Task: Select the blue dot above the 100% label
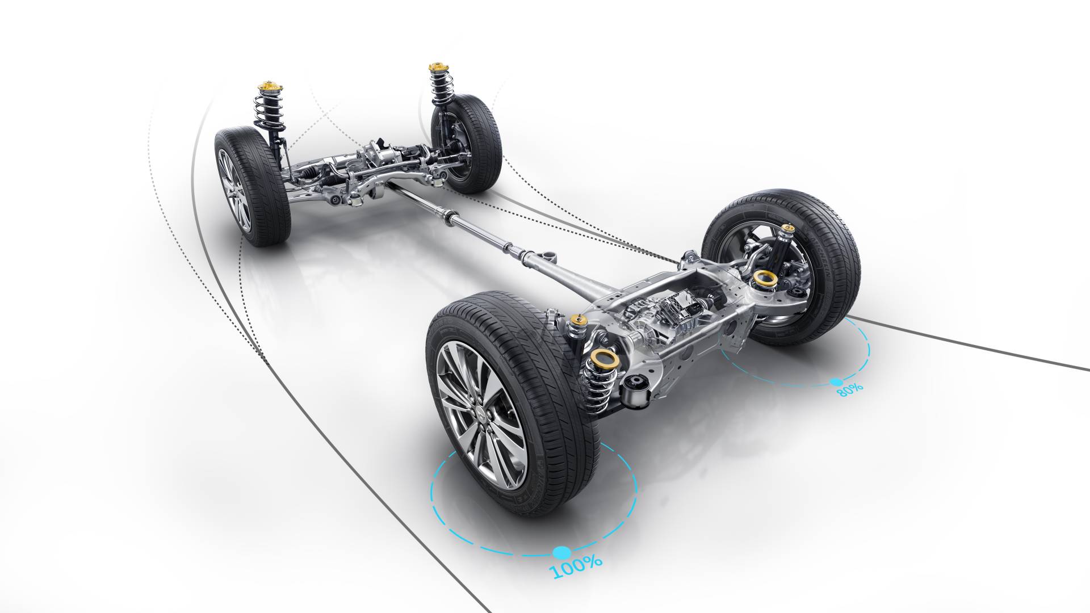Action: pyautogui.click(x=561, y=552)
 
